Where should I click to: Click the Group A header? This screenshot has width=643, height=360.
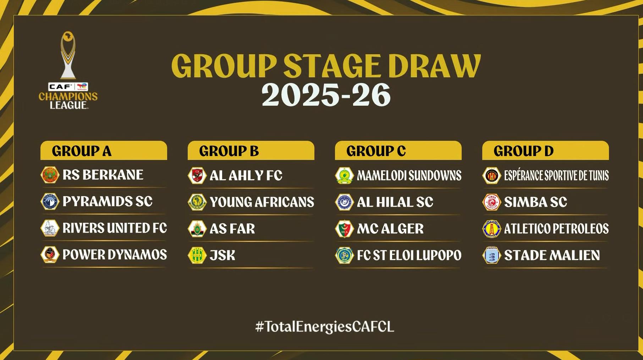(x=104, y=151)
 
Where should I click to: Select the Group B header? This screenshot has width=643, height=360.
(x=251, y=151)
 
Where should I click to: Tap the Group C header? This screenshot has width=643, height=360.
(x=398, y=151)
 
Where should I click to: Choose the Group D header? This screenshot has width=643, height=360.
(x=545, y=151)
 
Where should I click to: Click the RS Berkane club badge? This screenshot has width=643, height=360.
(x=50, y=175)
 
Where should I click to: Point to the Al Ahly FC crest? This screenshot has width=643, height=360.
(x=197, y=175)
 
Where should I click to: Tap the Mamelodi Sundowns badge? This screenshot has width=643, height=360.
(x=345, y=175)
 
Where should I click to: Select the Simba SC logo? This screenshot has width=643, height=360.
(x=492, y=202)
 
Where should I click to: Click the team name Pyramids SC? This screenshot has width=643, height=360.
(x=108, y=201)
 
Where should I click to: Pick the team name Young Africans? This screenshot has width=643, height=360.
(x=262, y=202)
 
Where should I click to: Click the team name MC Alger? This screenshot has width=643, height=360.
(x=390, y=229)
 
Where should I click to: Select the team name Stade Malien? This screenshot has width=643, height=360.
(x=552, y=255)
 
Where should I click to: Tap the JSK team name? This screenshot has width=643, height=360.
(x=222, y=255)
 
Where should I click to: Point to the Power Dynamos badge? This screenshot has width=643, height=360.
(x=50, y=255)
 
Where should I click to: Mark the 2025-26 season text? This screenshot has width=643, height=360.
(x=326, y=95)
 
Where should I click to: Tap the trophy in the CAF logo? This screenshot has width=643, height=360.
(x=68, y=55)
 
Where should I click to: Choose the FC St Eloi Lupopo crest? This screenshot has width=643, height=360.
(x=345, y=255)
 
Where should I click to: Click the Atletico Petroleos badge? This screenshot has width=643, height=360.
(x=492, y=229)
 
